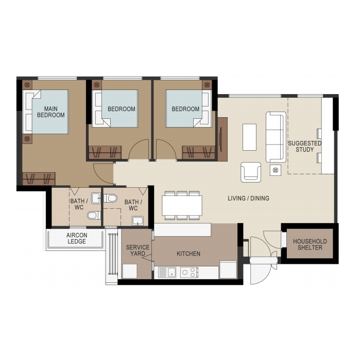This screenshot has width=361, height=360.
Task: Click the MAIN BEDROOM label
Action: click(51, 112)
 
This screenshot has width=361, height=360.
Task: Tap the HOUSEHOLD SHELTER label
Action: click(310, 244)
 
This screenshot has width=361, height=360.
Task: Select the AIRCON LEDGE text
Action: click(77, 238)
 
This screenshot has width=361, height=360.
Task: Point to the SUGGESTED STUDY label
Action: click(304, 146)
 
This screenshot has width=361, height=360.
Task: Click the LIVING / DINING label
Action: click(248, 198)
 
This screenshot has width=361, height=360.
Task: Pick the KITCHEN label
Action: click(188, 254)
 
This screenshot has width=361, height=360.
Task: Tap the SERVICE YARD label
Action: click(137, 250)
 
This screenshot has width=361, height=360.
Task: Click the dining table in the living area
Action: click(182, 205)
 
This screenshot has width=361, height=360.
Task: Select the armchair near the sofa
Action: click(251, 172)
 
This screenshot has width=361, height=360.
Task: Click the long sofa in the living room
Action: click(276, 137)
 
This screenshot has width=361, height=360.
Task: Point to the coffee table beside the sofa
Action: click(249, 137)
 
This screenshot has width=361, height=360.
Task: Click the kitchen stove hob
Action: click(189, 273)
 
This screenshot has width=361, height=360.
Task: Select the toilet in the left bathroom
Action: click(94, 215)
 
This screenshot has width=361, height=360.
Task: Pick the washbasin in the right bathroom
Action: click(137, 221)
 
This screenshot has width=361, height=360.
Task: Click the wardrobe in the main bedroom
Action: click(39, 178)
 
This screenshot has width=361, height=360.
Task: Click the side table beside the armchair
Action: click(276, 170)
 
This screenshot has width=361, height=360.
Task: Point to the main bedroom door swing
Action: click(104, 173)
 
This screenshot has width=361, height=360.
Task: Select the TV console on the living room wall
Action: click(222, 139)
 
